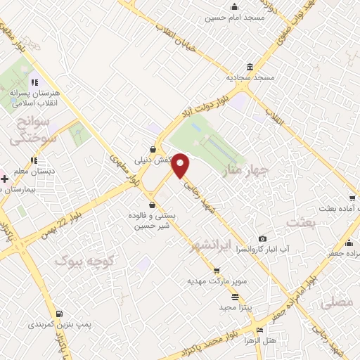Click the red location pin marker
[x=181, y=165]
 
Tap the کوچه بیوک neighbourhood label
[x=83, y=261]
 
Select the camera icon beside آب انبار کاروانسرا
[x=263, y=239]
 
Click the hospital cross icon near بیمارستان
[x=5, y=179]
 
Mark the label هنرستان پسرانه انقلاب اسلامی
[x=36, y=97]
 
